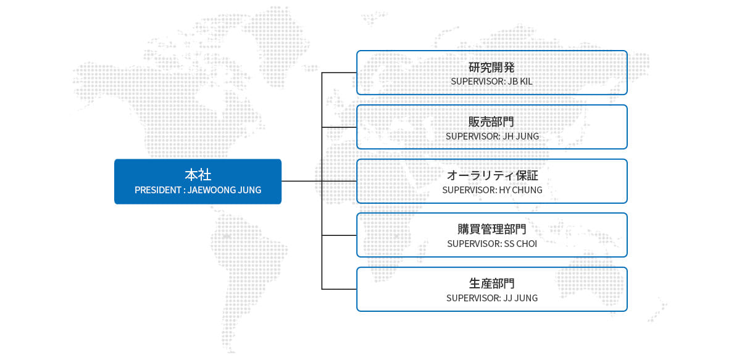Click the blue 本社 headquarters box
[x=198, y=182]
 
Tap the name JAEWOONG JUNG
[x=224, y=190]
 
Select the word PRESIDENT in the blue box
[x=157, y=190]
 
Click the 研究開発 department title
[x=491, y=67]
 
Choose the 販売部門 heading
[x=491, y=122]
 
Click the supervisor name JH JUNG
[x=521, y=136]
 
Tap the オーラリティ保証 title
[x=492, y=175]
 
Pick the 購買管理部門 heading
[x=492, y=229]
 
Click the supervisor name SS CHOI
[x=520, y=244]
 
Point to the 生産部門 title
[x=492, y=283]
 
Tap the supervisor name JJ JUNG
[x=520, y=298]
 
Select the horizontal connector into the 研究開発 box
[x=339, y=73]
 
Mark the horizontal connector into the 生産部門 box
[x=339, y=289]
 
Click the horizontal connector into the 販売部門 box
[x=339, y=127]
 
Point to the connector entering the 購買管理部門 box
[x=339, y=235]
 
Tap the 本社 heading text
[x=198, y=175]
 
